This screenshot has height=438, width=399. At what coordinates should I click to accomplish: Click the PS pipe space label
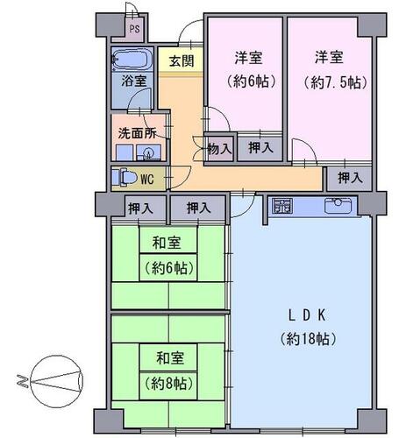(135, 29)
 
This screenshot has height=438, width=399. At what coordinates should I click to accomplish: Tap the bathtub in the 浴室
(132, 60)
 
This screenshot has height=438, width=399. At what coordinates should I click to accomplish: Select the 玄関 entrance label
(182, 61)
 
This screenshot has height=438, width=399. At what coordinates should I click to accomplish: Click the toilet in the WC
(125, 177)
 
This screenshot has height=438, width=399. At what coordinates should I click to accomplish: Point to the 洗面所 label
(138, 133)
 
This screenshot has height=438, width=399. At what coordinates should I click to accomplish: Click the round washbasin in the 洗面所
(149, 152)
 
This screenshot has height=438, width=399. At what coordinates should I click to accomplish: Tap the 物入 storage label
(219, 149)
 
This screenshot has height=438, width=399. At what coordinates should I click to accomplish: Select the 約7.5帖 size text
(335, 83)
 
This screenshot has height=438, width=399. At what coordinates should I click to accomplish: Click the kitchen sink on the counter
(338, 205)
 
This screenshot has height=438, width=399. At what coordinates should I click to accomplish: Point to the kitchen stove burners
(282, 206)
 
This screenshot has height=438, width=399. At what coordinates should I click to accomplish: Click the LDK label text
(307, 315)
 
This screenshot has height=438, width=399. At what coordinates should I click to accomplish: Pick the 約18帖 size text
(308, 339)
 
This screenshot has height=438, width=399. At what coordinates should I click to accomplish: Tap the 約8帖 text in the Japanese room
(169, 384)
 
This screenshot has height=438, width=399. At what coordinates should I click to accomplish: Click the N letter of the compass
(23, 381)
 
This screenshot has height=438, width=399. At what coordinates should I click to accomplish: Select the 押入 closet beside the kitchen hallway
(350, 178)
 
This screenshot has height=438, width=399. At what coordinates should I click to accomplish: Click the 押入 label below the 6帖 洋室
(260, 148)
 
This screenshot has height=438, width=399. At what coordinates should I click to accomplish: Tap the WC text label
(147, 180)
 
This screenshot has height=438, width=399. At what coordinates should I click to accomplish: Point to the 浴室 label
(134, 81)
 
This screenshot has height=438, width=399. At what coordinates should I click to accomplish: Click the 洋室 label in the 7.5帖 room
(329, 57)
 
